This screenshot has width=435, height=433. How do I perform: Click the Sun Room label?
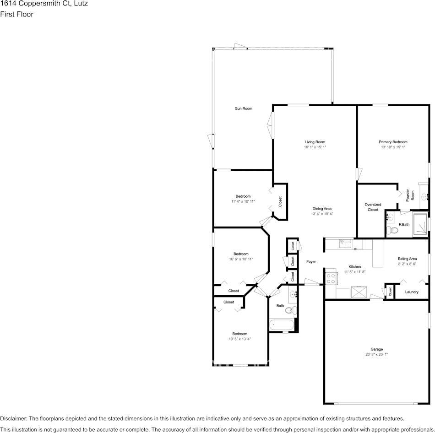pyautogui.click(x=243, y=108)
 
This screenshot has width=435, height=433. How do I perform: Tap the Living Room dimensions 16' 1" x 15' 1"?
pyautogui.click(x=315, y=147)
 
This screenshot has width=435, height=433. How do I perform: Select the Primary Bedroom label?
pyautogui.click(x=393, y=142)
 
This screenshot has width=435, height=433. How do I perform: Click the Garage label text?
pyautogui.click(x=376, y=349)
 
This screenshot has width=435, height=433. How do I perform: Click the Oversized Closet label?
pyautogui.click(x=373, y=207)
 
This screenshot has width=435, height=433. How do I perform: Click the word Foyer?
pyautogui.click(x=311, y=262)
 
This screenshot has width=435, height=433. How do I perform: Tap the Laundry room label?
pyautogui.click(x=412, y=292)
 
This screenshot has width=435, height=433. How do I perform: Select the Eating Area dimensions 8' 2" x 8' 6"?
pyautogui.click(x=407, y=264)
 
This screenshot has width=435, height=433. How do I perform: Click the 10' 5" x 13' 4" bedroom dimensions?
pyautogui.click(x=239, y=339)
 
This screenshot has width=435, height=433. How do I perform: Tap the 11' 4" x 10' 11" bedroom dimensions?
pyautogui.click(x=243, y=201)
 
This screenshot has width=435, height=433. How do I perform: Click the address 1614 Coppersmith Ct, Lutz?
pyautogui.click(x=44, y=4)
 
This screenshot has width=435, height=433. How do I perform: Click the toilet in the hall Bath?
pyautogui.click(x=290, y=311)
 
